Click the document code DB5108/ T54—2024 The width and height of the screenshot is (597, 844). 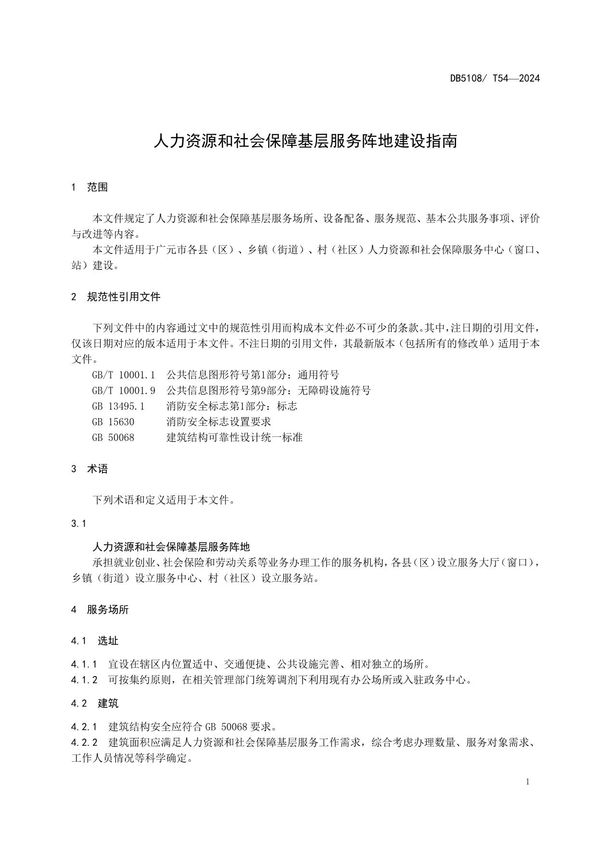click(x=495, y=78)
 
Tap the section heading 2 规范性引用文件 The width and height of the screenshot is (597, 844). click(x=115, y=297)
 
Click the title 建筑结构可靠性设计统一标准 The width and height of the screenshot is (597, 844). click(x=234, y=437)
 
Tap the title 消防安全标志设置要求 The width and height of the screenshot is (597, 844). click(x=218, y=422)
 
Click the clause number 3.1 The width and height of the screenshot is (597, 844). click(x=78, y=524)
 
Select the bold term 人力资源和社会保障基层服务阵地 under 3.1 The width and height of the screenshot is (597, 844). click(x=171, y=547)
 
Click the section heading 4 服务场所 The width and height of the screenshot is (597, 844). click(x=100, y=610)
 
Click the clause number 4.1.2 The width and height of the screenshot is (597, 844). click(x=84, y=680)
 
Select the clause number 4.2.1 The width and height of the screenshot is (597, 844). click(x=84, y=726)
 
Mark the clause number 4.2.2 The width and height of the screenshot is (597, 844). click(x=84, y=742)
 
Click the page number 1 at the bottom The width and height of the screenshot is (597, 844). click(x=528, y=782)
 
